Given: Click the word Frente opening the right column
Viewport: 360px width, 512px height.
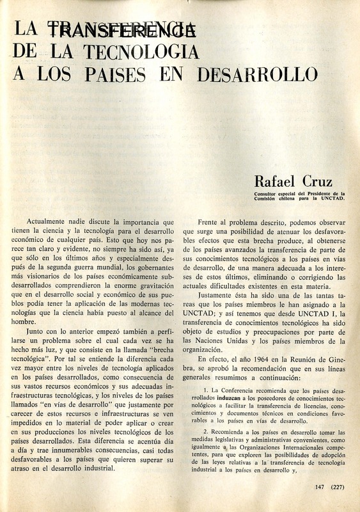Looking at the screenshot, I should tap(211, 221).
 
